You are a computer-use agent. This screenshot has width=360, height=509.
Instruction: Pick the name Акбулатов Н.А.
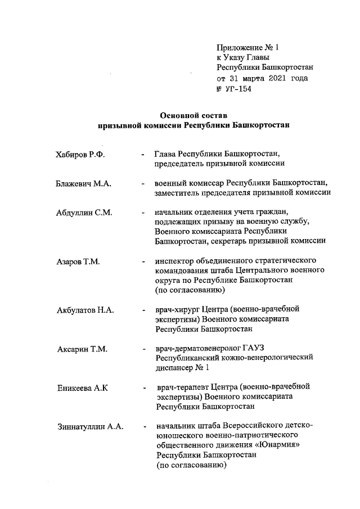coord(85,310)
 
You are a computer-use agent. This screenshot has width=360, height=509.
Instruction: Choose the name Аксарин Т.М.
coord(82,349)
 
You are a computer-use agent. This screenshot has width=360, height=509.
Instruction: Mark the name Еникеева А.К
coord(82,389)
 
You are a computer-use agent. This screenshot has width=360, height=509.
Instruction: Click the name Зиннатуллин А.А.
coord(90,427)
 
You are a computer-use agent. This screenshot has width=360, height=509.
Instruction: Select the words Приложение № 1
coord(244,47)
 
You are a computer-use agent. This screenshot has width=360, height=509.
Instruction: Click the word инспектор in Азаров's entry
coord(175,262)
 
